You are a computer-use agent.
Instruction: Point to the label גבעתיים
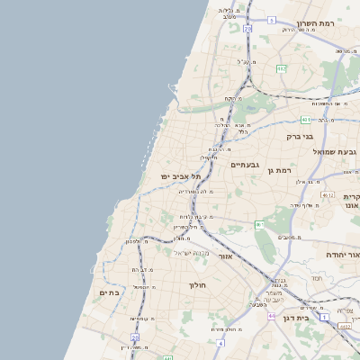click(x=245, y=165)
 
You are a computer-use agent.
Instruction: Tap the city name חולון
click(x=197, y=285)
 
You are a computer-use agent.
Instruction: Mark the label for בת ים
click(x=109, y=292)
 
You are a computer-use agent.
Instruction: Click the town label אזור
click(x=226, y=256)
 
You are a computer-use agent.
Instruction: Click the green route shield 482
click(x=282, y=68)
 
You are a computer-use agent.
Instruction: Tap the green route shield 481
click(x=306, y=119)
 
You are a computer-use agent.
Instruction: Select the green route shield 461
click(x=259, y=224)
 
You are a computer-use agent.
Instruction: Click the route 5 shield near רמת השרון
click(x=272, y=19)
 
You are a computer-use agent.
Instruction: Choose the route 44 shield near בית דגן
click(x=271, y=316)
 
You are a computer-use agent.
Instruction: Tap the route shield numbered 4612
click(x=327, y=195)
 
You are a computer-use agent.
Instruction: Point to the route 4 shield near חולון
click(x=220, y=343)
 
